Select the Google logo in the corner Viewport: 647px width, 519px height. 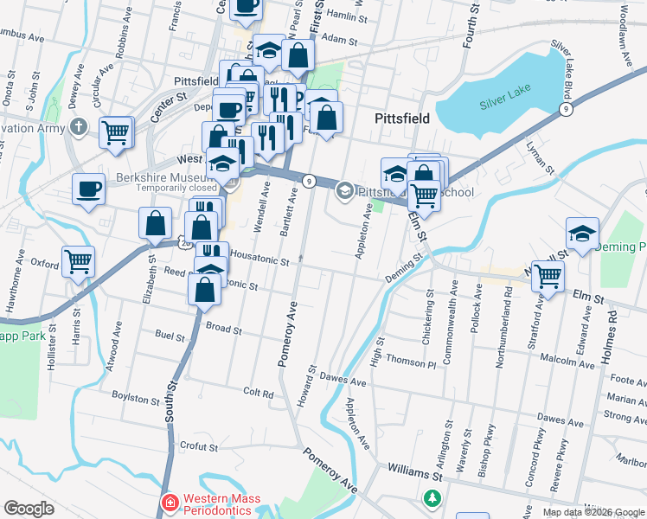tap(29, 509)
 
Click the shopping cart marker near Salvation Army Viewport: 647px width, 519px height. tap(115, 133)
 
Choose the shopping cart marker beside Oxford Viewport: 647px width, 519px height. tap(78, 260)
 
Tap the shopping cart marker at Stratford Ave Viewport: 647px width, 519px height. tap(548, 275)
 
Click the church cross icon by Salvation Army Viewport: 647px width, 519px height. tap(79, 127)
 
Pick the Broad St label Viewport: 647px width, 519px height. tap(223, 328)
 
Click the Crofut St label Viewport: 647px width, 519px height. tap(198, 446)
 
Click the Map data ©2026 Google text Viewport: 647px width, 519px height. tap(593, 512)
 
